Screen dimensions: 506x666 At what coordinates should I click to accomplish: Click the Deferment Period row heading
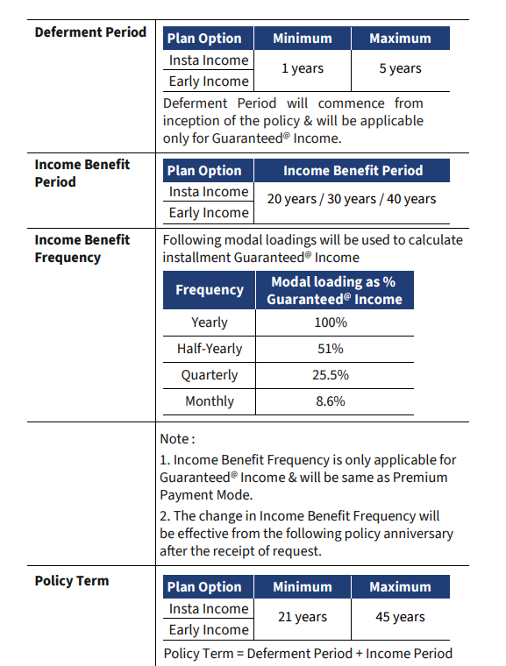point(90,32)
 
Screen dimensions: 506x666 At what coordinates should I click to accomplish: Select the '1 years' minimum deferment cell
point(303,68)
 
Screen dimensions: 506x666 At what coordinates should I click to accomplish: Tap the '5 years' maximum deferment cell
point(400,68)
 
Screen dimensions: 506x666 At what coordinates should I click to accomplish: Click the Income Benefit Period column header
point(353,170)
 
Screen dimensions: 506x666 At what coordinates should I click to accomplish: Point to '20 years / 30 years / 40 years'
point(352,199)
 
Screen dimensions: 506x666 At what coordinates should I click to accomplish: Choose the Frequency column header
point(210,290)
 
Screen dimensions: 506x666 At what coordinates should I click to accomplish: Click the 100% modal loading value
point(331,322)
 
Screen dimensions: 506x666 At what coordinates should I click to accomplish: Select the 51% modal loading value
point(331,349)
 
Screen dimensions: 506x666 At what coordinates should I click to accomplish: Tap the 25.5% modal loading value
point(331,375)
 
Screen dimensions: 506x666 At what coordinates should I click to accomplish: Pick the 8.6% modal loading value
point(331,401)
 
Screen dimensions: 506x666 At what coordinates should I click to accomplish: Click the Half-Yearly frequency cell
point(210,349)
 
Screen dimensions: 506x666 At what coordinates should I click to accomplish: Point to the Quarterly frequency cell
point(210,375)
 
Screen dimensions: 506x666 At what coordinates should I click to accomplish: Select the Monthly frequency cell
point(210,401)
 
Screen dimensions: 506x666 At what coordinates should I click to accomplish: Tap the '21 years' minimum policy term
point(303,617)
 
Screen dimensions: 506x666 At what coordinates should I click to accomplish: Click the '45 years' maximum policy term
point(400,617)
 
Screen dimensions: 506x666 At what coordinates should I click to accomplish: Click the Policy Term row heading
point(72,581)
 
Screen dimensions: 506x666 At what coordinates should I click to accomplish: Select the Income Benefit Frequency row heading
point(82,249)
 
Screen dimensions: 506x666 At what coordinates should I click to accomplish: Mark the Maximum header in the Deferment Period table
point(400,39)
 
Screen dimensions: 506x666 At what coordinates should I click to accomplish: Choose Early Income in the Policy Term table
point(209,629)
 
